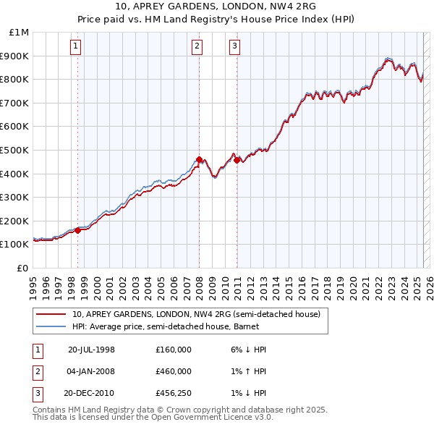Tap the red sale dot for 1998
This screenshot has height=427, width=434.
coord(78,231)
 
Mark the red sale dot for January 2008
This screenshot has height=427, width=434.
coord(199,159)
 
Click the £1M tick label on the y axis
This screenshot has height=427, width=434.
coord(20,33)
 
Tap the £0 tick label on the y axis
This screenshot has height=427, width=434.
coord(22,268)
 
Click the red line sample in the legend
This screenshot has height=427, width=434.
coord(51,314)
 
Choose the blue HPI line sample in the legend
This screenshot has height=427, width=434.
coord(51,326)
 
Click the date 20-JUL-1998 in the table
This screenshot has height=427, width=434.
coord(91,350)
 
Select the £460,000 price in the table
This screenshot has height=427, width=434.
coord(174,371)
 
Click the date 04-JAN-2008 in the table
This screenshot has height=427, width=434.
coord(91,371)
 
